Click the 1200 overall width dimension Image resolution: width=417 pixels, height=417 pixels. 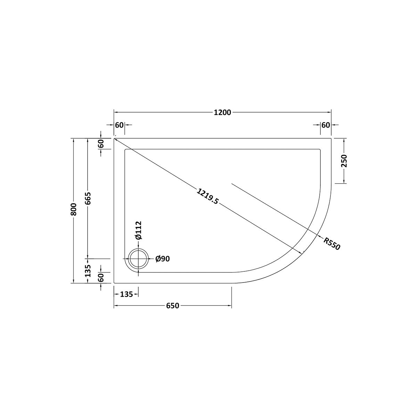tap(222, 113)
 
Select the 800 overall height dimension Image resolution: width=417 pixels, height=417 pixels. tap(74, 209)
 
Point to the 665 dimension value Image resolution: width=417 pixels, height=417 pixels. tap(88, 198)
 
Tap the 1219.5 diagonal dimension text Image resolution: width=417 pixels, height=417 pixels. tap(208, 196)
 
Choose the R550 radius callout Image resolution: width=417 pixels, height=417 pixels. tap(332, 244)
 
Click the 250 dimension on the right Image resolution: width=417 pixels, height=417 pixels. tap(344, 161)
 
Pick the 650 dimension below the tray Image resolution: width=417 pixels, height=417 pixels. tap(173, 305)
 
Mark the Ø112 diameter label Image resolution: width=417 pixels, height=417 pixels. tap(138, 230)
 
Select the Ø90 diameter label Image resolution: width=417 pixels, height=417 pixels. tap(163, 259)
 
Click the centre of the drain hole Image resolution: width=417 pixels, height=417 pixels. tap(139, 259)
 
